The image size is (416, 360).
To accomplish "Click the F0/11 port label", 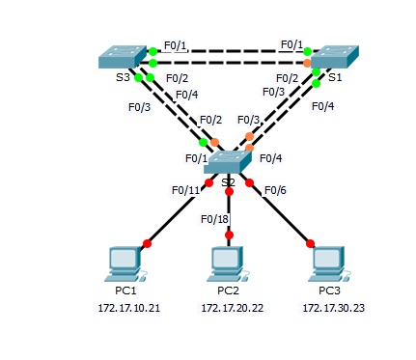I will pyautogui.click(x=185, y=190).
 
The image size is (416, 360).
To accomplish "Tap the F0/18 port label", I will pyautogui.click(x=214, y=218).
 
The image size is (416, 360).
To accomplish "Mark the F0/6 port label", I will pyautogui.click(x=277, y=190).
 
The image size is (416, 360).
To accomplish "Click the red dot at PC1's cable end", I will pyautogui.click(x=148, y=243).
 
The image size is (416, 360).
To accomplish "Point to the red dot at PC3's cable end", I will pyautogui.click(x=311, y=243).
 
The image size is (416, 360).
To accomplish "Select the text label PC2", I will pyautogui.click(x=228, y=290).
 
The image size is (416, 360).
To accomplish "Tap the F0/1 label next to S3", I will pyautogui.click(x=175, y=43).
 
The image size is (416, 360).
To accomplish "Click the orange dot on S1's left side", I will pyautogui.click(x=307, y=64).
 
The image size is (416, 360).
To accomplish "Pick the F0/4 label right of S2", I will pyautogui.click(x=271, y=157).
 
